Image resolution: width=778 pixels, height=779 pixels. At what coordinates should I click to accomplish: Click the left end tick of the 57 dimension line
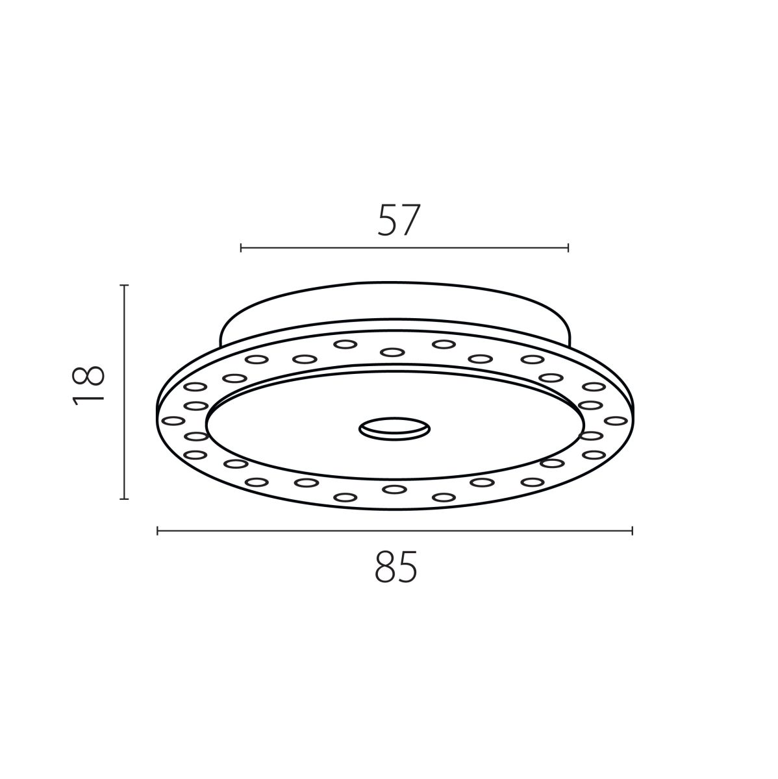(241, 247)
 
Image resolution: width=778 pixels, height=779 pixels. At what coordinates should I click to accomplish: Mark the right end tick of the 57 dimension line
(568, 247)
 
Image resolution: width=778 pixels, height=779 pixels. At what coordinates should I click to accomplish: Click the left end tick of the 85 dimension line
(158, 531)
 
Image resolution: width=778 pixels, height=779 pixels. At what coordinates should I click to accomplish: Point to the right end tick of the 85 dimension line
(632, 531)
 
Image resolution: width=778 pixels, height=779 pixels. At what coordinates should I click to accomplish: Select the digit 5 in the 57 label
(388, 220)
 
